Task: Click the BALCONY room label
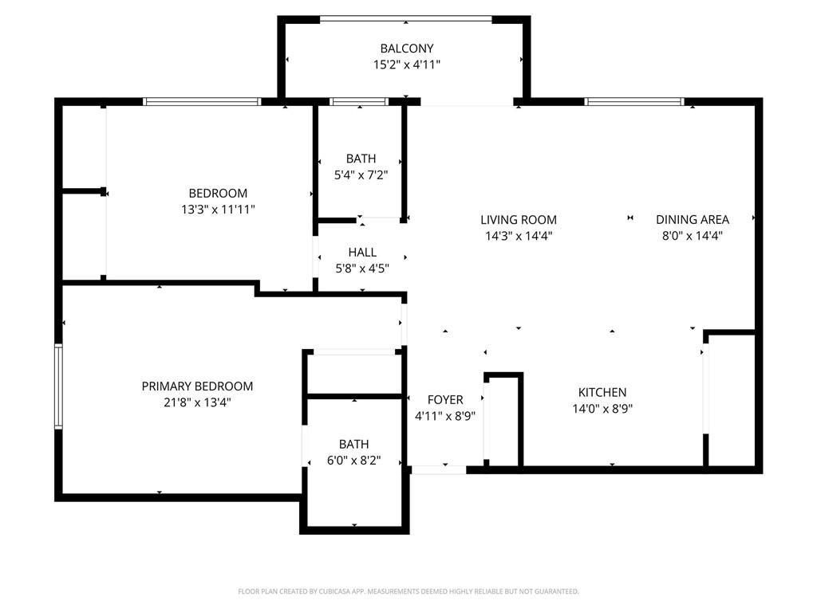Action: pos(406,49)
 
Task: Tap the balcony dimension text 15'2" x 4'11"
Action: pos(406,65)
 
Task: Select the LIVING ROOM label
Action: pos(519,220)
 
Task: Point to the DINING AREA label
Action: pos(693,220)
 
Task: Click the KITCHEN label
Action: pos(602,392)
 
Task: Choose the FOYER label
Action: pos(445,399)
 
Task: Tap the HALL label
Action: pos(361,253)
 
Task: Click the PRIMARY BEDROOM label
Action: pos(197,386)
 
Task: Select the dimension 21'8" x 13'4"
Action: pos(197,402)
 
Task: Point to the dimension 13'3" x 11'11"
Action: pos(218,210)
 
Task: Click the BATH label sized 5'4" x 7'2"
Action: pos(361,159)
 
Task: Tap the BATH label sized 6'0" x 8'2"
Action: pos(353,444)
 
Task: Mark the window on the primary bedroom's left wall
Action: pos(58,386)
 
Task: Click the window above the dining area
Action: pos(634,101)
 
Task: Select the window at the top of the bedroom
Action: pos(202,101)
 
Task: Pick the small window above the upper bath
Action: pos(358,101)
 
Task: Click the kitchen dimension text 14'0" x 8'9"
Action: pos(602,409)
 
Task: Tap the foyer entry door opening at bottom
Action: pos(439,470)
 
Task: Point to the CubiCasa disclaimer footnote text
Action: pos(408,591)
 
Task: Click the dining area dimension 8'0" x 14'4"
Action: pos(693,236)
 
